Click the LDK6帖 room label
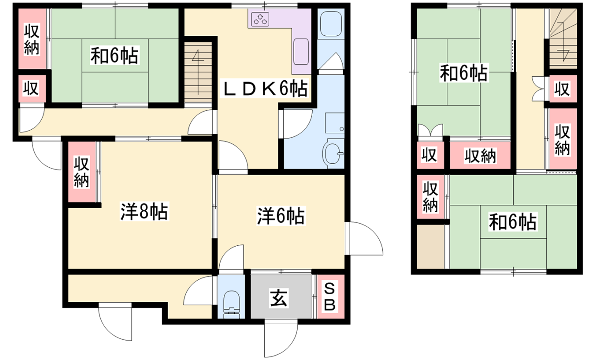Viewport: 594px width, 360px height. (264, 89)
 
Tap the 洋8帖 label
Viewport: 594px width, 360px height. (144, 212)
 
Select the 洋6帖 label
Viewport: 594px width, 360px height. (280, 215)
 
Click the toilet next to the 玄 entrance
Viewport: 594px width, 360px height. (231, 299)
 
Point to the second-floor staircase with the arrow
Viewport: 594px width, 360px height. (563, 41)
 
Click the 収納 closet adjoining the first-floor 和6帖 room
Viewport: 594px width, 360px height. (31, 40)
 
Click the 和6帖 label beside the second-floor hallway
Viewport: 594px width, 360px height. (464, 73)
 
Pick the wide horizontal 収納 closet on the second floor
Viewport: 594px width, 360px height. (480, 155)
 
